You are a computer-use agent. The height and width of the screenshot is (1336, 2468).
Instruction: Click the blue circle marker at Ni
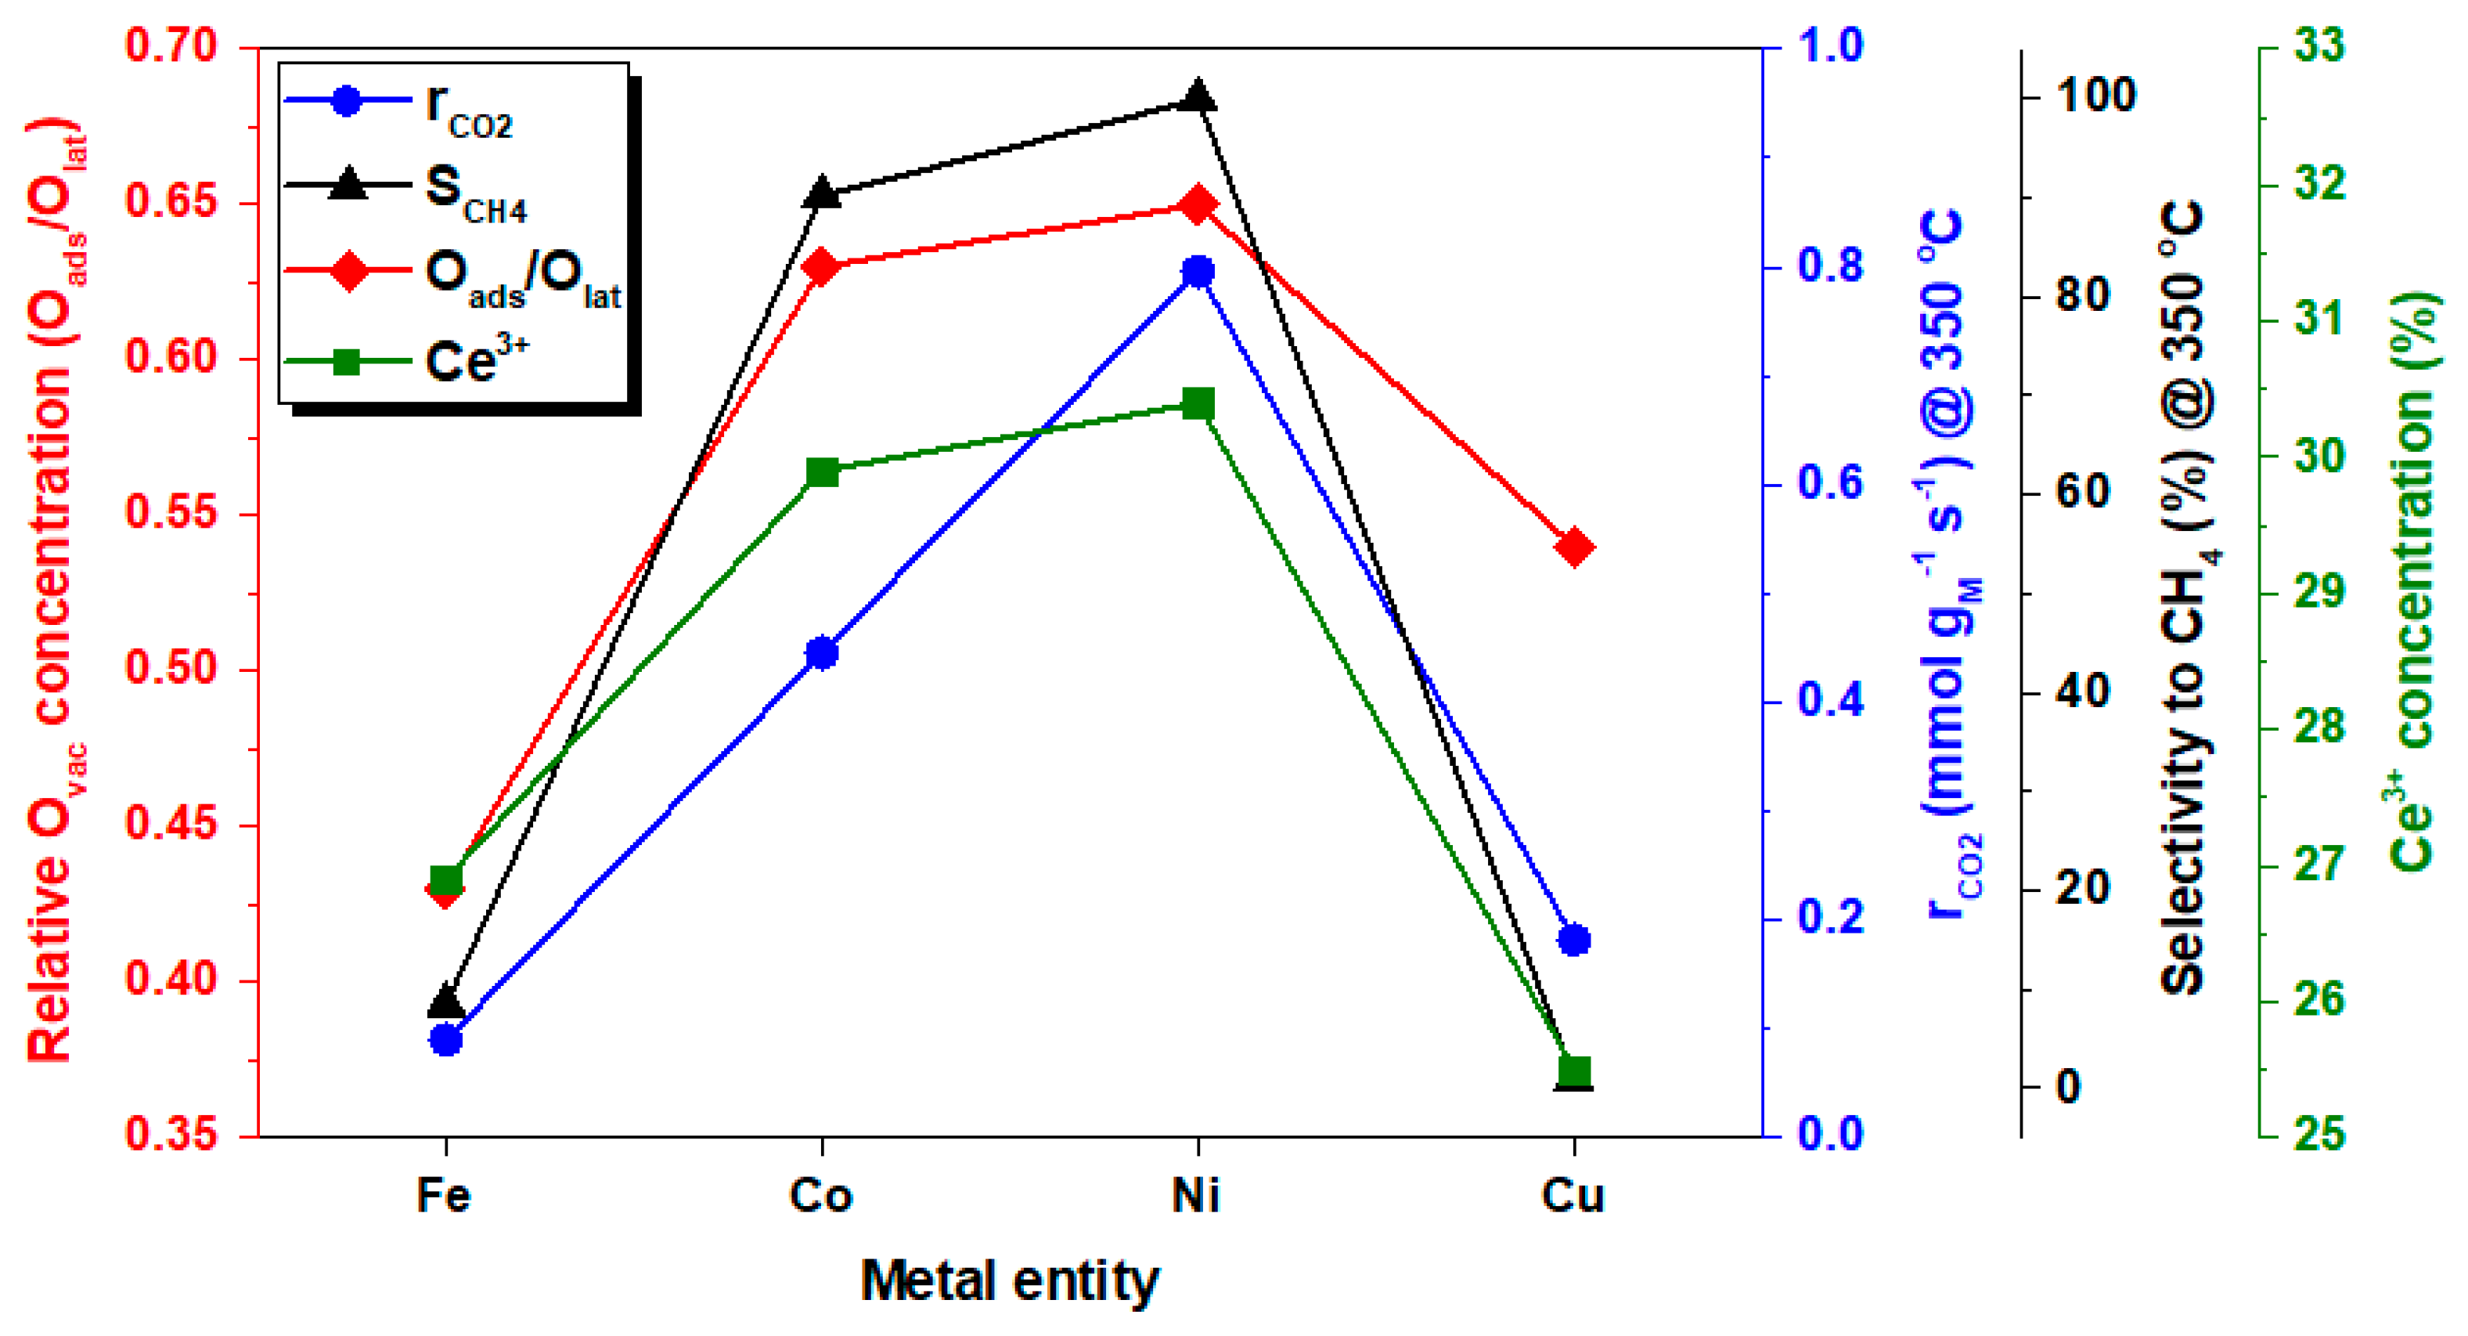1198,273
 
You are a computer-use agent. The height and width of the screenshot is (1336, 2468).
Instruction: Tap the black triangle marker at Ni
1198,97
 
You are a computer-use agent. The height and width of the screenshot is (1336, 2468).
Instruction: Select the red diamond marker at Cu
1575,547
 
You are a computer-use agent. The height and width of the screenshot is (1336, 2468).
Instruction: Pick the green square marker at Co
822,471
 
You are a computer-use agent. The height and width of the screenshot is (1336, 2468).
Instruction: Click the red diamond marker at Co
822,267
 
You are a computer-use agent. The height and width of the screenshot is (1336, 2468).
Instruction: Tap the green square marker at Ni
1198,403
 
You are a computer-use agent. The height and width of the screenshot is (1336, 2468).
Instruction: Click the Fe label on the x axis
445,1195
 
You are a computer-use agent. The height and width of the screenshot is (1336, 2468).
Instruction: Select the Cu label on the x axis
1573,1195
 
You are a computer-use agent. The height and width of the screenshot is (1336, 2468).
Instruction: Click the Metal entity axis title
1010,1280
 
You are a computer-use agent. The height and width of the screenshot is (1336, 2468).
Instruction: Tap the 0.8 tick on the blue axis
1830,265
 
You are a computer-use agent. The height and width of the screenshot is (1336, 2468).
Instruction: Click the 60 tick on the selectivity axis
2084,492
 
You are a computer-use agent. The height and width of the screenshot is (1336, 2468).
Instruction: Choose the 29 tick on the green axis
2319,590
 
